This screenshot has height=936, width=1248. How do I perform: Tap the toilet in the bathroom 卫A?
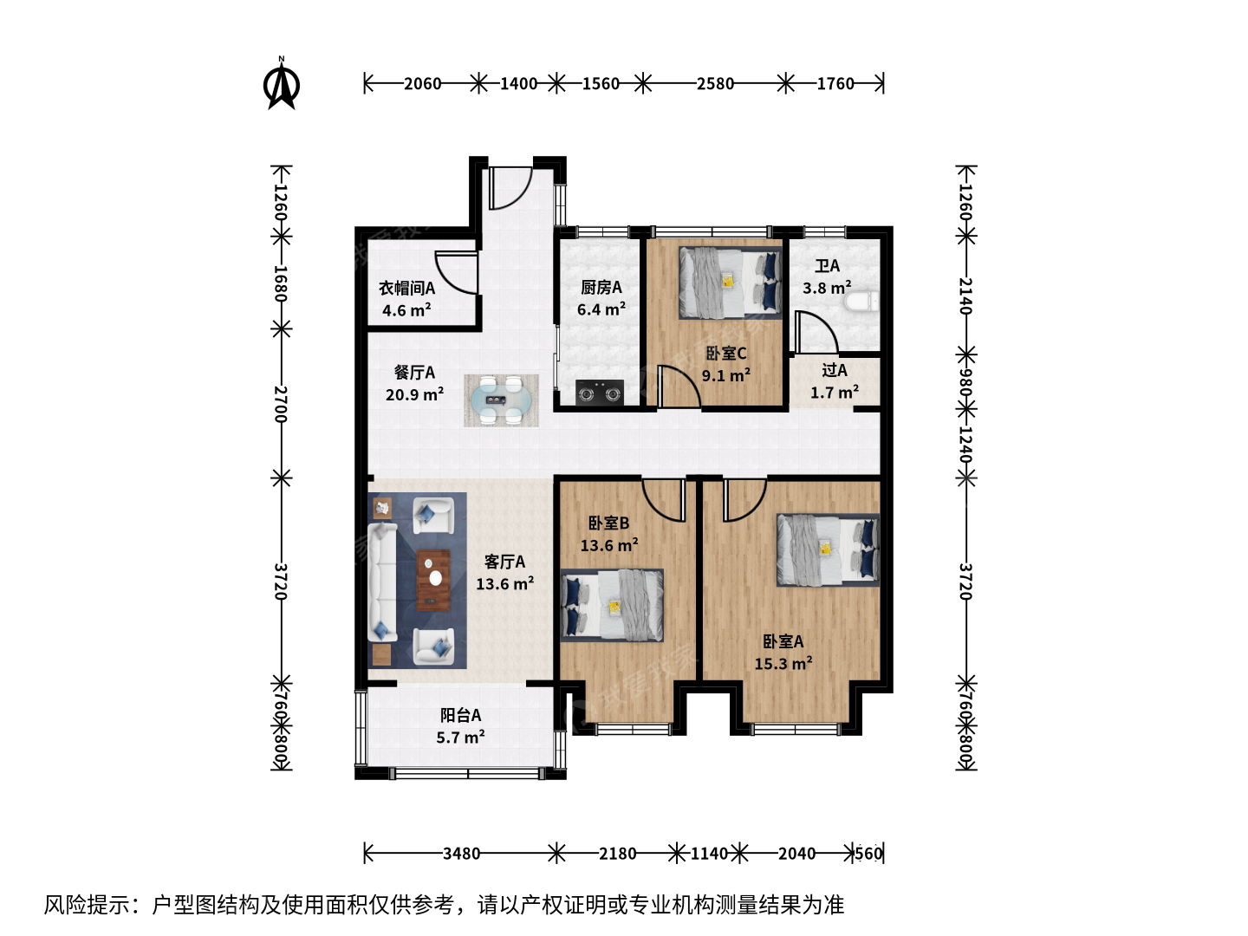tap(861, 302)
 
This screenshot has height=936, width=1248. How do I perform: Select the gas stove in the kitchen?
tap(599, 393)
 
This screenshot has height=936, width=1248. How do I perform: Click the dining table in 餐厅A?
tap(501, 400)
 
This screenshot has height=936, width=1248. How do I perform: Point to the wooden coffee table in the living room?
tap(434, 580)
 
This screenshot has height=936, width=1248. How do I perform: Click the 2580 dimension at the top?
tap(715, 84)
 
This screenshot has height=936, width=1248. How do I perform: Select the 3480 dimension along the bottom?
tap(461, 854)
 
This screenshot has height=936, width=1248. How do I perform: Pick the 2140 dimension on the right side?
tap(966, 296)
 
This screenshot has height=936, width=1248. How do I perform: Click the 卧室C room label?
tap(725, 354)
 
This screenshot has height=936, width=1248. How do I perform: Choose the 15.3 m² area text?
tap(783, 663)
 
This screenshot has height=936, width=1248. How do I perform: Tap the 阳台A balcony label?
tap(460, 715)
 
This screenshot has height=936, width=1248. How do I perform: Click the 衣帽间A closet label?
tap(407, 288)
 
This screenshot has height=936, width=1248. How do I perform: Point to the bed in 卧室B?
tap(612, 605)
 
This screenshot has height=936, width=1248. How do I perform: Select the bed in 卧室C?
tap(730, 283)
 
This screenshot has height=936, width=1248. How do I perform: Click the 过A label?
tap(834, 371)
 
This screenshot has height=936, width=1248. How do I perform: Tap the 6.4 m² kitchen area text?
tap(601, 309)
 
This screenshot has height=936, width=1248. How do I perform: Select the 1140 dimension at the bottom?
tap(709, 854)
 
